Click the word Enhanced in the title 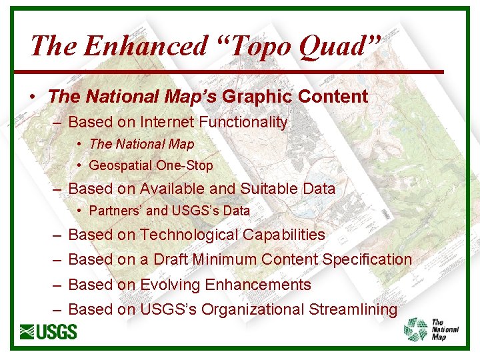click(x=146, y=45)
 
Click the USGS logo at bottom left click(x=48, y=331)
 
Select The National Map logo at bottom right click(x=432, y=329)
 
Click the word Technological click(x=189, y=235)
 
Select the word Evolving click(x=170, y=285)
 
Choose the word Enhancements click(x=259, y=285)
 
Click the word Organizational click(x=253, y=309)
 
